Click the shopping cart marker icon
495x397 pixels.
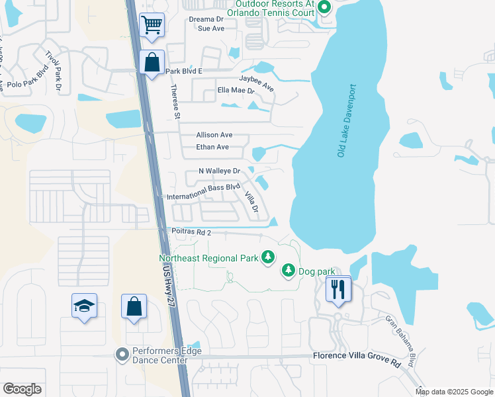point(152,25)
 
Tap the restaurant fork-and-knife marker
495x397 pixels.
point(338,289)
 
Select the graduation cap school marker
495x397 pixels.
point(84,306)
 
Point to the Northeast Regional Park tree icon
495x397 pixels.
point(268,257)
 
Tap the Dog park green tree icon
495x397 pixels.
point(289,270)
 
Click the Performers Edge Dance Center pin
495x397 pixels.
point(122,355)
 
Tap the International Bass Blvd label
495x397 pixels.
point(203,187)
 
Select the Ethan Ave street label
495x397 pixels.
point(212,147)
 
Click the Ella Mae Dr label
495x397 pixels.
point(236,91)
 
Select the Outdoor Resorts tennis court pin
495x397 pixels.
point(324,8)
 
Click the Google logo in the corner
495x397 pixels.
point(22,389)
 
